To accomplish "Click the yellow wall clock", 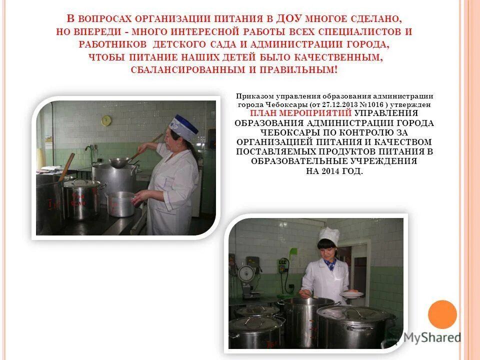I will point(106,120).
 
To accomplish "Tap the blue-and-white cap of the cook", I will point(182,125).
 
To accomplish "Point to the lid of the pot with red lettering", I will point(81,183).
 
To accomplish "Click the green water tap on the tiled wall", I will point(283,264).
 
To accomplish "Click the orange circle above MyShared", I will point(442,314).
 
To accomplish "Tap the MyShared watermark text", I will point(433,338).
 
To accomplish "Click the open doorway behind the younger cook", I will point(362,270).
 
